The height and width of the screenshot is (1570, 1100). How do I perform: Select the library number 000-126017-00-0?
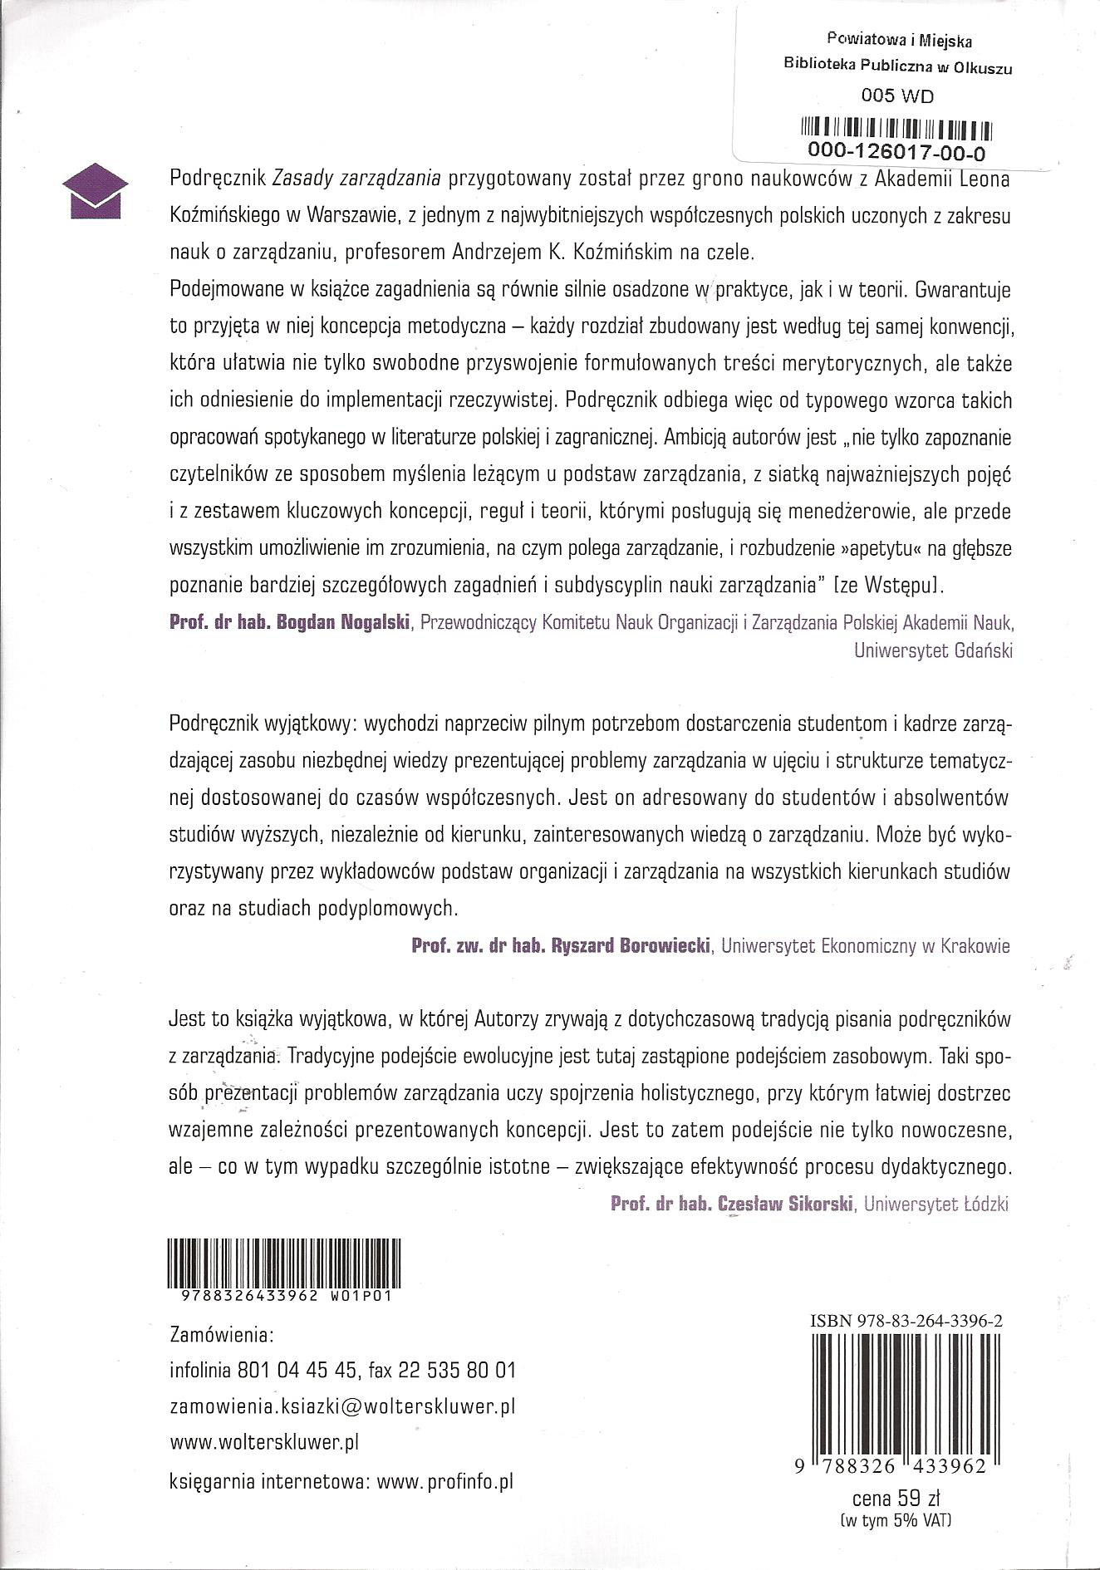[896, 152]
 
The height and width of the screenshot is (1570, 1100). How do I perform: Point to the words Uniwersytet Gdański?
[933, 651]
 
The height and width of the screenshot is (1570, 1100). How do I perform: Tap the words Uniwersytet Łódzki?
[936, 1204]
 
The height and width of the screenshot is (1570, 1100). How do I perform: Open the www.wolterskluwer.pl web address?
[263, 1443]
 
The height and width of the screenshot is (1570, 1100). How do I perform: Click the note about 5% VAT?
[896, 1522]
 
